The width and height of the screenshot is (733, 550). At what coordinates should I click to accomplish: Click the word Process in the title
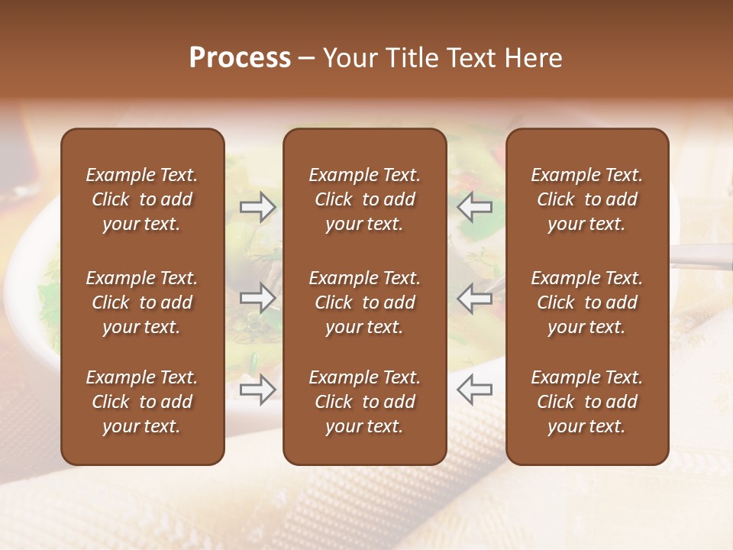click(x=240, y=58)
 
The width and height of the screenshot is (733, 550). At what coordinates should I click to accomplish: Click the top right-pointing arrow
click(x=258, y=207)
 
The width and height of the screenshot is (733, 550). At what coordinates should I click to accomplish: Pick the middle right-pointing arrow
click(x=258, y=298)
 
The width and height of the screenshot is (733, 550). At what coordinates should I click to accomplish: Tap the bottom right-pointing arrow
click(x=258, y=390)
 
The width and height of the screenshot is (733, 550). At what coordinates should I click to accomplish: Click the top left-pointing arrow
click(x=474, y=207)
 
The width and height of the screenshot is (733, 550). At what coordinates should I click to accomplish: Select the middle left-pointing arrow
click(x=474, y=298)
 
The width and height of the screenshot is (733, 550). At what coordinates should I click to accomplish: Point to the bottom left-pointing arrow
click(x=474, y=390)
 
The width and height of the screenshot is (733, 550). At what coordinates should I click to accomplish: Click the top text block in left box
click(x=142, y=199)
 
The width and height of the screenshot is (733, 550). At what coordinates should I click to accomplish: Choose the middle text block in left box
click(x=142, y=302)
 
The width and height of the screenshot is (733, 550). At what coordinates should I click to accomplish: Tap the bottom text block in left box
click(x=142, y=402)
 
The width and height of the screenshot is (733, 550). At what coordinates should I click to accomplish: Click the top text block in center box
click(x=364, y=199)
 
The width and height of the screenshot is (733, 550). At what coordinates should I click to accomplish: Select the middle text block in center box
click(x=364, y=302)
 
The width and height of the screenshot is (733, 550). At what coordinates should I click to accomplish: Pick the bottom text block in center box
click(x=364, y=402)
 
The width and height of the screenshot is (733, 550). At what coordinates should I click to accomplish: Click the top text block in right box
click(x=586, y=199)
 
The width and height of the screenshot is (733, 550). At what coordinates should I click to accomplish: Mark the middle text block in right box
click(x=586, y=302)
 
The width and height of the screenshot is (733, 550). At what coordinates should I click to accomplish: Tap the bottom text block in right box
click(x=586, y=402)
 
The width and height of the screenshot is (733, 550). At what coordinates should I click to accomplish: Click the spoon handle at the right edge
click(x=702, y=255)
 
